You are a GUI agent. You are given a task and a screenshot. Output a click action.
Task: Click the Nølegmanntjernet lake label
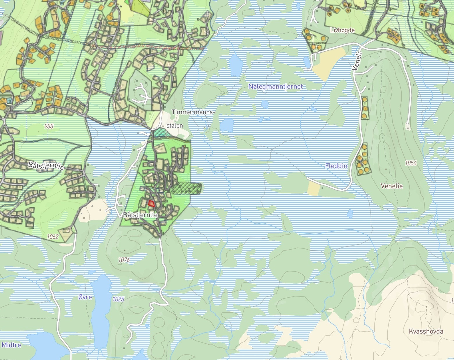tap(275, 87)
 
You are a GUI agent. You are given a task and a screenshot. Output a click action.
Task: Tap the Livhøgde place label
tap(343, 30)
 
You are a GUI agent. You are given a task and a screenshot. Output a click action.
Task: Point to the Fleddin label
tap(336, 166)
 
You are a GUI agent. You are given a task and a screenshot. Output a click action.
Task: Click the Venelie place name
tap(392, 186)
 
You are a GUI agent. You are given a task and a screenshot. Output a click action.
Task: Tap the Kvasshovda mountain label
tap(426, 331)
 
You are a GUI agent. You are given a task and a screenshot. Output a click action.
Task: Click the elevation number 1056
tap(411, 163)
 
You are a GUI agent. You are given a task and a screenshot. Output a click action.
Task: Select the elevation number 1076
tap(124, 260)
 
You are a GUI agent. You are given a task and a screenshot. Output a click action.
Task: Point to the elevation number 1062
tap(53, 237)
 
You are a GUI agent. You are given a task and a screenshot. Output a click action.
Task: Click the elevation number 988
tap(49, 126)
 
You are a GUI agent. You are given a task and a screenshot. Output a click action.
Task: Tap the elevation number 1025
tap(118, 299)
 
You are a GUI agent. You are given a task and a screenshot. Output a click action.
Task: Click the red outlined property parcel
tap(151, 203)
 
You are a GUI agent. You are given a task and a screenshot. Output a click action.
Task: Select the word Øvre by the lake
tap(85, 297)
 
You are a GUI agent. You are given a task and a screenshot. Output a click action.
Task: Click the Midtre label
tap(11, 345)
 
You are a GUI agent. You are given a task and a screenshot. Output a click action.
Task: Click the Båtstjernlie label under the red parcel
tap(140, 215)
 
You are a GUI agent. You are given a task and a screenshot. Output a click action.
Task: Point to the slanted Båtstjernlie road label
tap(46, 166)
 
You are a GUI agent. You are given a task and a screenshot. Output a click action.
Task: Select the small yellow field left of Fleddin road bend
tap(313, 188)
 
